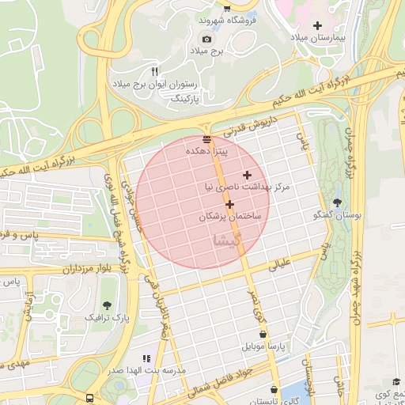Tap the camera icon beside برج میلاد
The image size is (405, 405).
tap(207, 39)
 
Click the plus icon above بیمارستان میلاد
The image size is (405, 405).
tap(318, 25)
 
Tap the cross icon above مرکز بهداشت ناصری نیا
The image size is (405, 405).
tap(247, 175)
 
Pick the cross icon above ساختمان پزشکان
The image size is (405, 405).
tap(229, 204)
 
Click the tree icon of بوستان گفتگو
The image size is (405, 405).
tap(338, 202)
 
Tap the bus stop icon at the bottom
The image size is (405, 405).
tap(90, 397)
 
